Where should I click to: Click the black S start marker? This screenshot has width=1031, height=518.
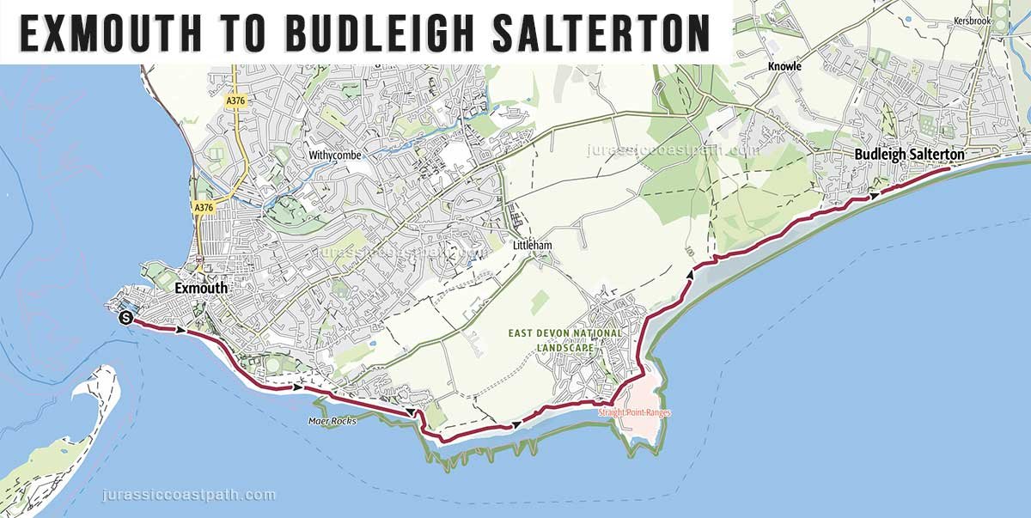(126, 318)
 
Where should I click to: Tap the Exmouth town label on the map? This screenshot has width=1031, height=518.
(201, 289)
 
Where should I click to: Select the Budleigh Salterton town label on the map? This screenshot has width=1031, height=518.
(909, 154)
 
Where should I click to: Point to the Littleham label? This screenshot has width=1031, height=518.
(532, 246)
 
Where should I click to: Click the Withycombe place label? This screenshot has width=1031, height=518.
(335, 155)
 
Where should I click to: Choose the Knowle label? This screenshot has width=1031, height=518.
(785, 66)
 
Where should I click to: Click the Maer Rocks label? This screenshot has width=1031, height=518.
(331, 421)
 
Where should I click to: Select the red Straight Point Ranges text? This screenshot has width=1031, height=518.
(634, 413)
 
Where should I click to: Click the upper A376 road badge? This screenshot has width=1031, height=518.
(235, 101)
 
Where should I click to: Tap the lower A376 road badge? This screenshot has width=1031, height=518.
(204, 208)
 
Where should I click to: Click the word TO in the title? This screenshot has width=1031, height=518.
(247, 33)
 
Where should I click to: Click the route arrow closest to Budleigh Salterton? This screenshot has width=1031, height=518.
(875, 195)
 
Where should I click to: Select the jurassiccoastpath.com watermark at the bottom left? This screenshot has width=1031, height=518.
(189, 495)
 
